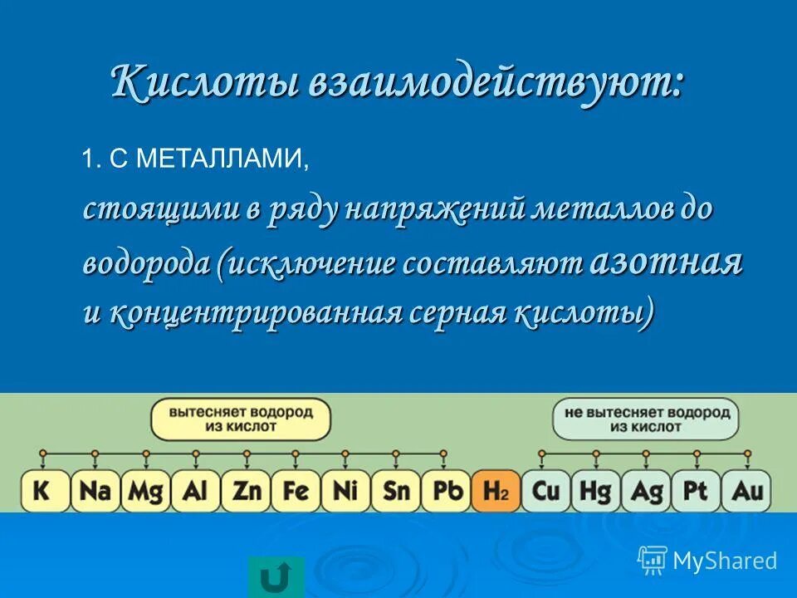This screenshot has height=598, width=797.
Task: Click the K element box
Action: click(44, 491)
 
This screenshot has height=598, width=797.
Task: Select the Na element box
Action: click(95, 491)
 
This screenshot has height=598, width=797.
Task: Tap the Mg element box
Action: click(145, 491)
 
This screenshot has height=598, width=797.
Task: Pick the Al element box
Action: click(195, 491)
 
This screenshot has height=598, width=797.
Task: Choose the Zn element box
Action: click(246, 491)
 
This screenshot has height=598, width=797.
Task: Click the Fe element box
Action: click(296, 491)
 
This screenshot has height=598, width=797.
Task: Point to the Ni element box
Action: click(345, 491)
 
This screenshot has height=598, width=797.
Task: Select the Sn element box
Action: click(396, 491)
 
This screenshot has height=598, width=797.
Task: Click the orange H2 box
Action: click(496, 491)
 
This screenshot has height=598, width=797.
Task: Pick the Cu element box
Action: click(546, 491)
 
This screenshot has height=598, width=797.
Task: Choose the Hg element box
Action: click(596, 491)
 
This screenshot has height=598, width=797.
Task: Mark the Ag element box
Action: click(647, 491)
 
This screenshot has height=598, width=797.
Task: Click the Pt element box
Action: click(696, 491)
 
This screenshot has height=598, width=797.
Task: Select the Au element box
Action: click(746, 491)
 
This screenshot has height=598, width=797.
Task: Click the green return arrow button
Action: click(276, 577)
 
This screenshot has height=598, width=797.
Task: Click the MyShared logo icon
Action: click(653, 561)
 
